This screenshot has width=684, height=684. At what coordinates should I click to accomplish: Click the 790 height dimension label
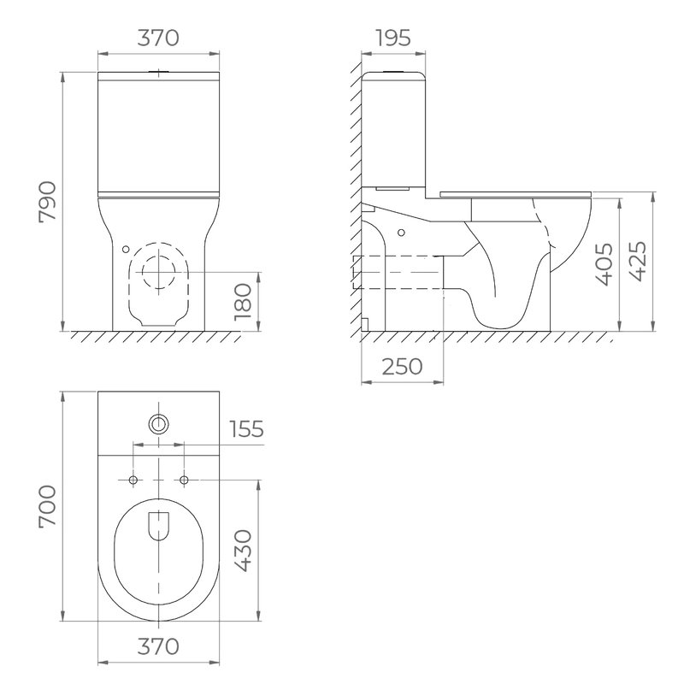pos(48,202)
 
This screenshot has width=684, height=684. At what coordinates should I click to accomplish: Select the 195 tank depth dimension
pos(393,38)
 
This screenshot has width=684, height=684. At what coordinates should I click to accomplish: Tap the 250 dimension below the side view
pos(402,367)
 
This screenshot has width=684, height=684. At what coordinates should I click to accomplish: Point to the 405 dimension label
pos(604,264)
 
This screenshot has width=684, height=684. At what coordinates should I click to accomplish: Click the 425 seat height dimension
pos(636,261)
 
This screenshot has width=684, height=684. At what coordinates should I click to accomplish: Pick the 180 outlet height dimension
pos(243,302)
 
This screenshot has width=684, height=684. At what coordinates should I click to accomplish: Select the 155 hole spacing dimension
pos(247,429)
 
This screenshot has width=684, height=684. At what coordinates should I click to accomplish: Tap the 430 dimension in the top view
pos(243,551)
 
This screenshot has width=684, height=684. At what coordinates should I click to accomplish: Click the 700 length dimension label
pos(48,507)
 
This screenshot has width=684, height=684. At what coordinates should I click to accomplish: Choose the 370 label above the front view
pos(158,38)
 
